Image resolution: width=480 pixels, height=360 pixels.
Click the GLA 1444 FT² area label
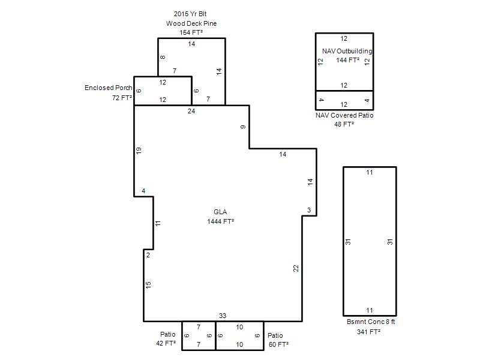click(220, 217)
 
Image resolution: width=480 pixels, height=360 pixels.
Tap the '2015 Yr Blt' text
click(190, 14)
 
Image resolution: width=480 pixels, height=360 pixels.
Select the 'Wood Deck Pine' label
click(191, 23)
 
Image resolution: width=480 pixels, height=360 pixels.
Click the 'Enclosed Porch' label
click(109, 88)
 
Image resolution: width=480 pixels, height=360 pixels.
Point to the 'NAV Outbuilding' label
click(347, 51)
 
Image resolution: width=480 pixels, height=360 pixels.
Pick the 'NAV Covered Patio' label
click(344, 115)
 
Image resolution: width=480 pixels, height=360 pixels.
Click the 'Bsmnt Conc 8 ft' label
click(371, 322)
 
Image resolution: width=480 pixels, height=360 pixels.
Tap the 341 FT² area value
click(368, 332)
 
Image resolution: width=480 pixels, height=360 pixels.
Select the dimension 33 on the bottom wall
click(223, 316)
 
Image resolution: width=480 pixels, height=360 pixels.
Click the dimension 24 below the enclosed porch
click(191, 111)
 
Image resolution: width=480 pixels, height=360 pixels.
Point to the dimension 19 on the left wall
click(139, 151)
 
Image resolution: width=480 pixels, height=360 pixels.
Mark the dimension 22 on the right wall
click(296, 268)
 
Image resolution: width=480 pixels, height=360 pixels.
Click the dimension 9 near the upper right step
click(243, 127)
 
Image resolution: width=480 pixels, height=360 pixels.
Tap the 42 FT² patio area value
click(166, 343)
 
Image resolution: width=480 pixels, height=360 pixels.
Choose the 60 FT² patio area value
click(278, 344)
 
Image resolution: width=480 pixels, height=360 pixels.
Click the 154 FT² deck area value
click(191, 32)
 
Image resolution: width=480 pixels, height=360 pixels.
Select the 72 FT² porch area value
click(122, 98)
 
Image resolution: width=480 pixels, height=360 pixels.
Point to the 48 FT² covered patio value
click(344, 124)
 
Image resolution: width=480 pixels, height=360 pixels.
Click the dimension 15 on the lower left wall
click(148, 284)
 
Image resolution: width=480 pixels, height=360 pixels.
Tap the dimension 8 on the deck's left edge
click(163, 57)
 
